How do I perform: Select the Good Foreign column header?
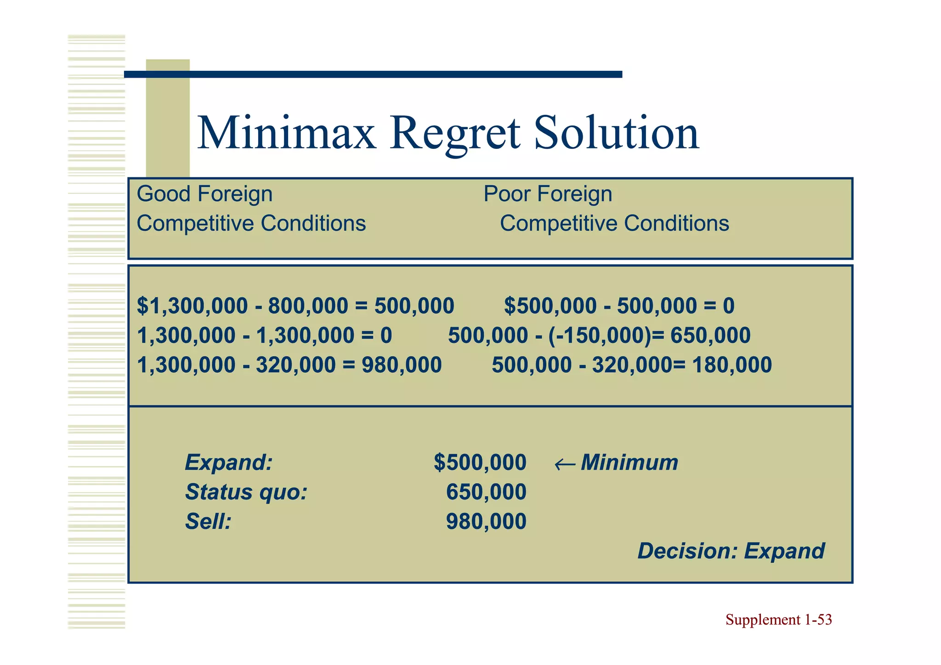204,194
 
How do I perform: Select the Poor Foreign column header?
548,194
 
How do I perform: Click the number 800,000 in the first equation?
308,306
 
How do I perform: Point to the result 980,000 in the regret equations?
402,365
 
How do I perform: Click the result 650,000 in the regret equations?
710,335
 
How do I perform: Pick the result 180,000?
731,365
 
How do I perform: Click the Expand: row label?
228,462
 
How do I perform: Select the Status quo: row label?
246,492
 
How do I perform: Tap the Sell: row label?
208,522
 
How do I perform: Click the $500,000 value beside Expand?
480,462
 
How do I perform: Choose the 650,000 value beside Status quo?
486,492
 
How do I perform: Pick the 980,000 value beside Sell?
486,522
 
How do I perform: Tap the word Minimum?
629,462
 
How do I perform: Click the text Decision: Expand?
731,551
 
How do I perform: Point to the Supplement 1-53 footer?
778,620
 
